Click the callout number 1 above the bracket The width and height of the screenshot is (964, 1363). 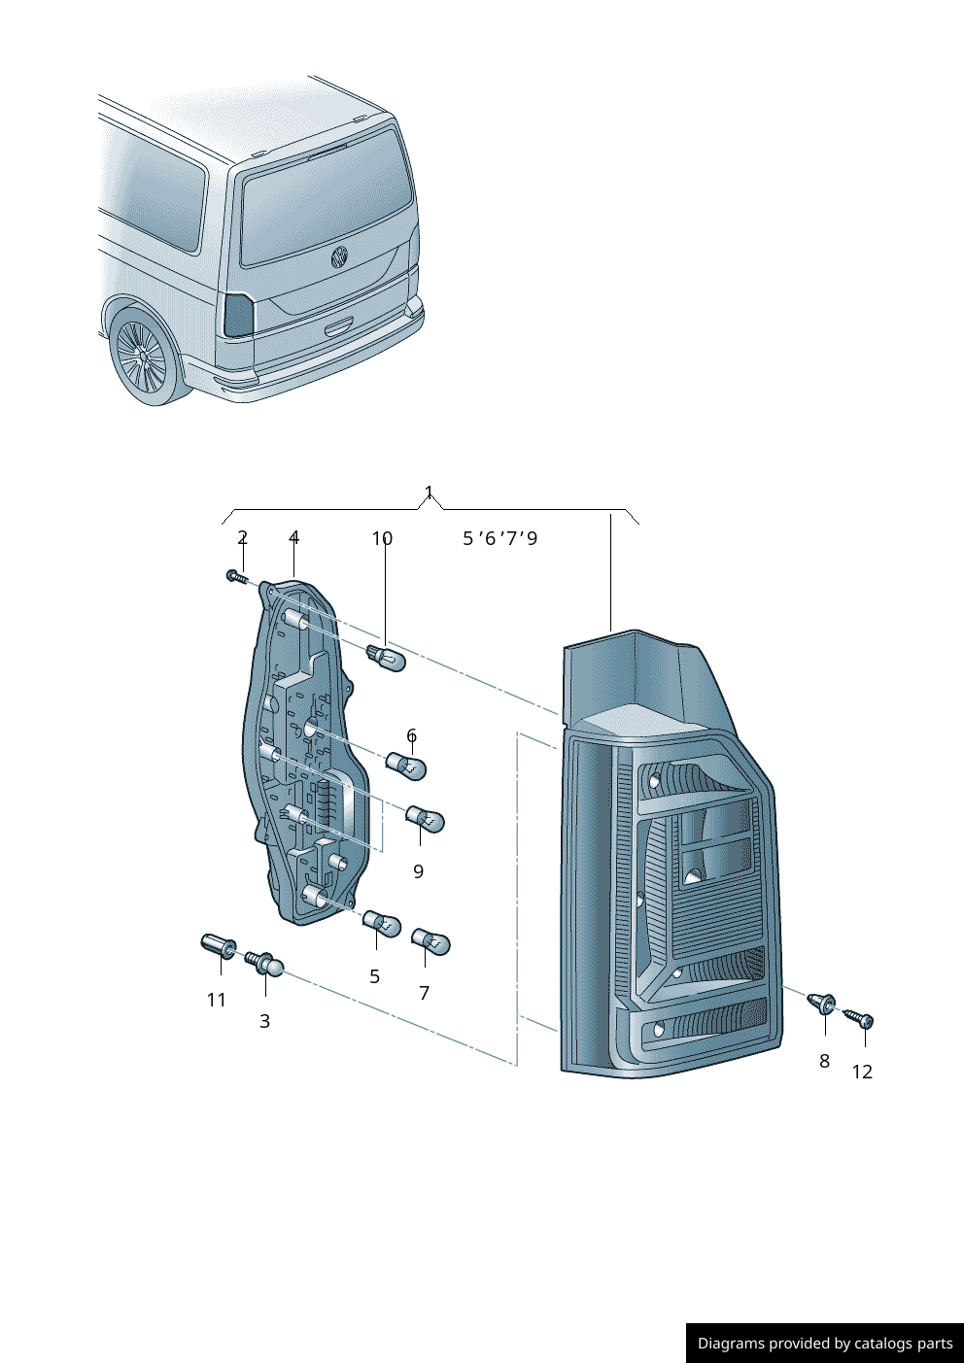click(429, 493)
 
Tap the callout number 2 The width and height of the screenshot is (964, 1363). click(242, 537)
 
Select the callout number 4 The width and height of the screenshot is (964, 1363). click(293, 537)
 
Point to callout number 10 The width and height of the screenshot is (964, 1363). click(382, 537)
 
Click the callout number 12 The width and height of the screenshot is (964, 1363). click(862, 1072)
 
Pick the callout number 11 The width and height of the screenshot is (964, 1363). click(216, 1000)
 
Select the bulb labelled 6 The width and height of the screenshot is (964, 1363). click(407, 767)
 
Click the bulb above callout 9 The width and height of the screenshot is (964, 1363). click(425, 820)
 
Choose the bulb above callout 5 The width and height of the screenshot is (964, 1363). click(382, 923)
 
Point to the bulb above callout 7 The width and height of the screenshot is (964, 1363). click(430, 941)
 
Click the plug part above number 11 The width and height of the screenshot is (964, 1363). click(219, 945)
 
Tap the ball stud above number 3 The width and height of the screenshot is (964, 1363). click(265, 964)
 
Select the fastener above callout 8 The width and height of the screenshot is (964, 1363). click(822, 1003)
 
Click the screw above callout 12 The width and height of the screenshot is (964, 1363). click(859, 1018)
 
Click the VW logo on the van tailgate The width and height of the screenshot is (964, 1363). click(340, 256)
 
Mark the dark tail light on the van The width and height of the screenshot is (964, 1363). click(238, 315)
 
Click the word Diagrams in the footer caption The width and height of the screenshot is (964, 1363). click(730, 1344)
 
